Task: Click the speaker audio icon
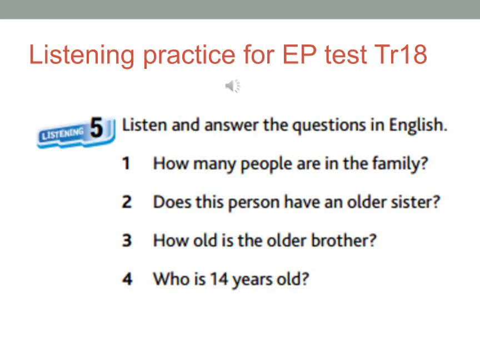coord(233,86)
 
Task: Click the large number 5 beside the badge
coord(97,127)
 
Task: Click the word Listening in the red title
coord(82,56)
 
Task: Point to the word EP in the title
coord(299,55)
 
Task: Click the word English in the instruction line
coord(418,125)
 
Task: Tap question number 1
coord(126,163)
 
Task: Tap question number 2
coord(127,202)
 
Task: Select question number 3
coord(127,241)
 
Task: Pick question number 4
coord(127,279)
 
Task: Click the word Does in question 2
coord(172,202)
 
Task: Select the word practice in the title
coord(189,56)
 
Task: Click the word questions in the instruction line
coord(329,126)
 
